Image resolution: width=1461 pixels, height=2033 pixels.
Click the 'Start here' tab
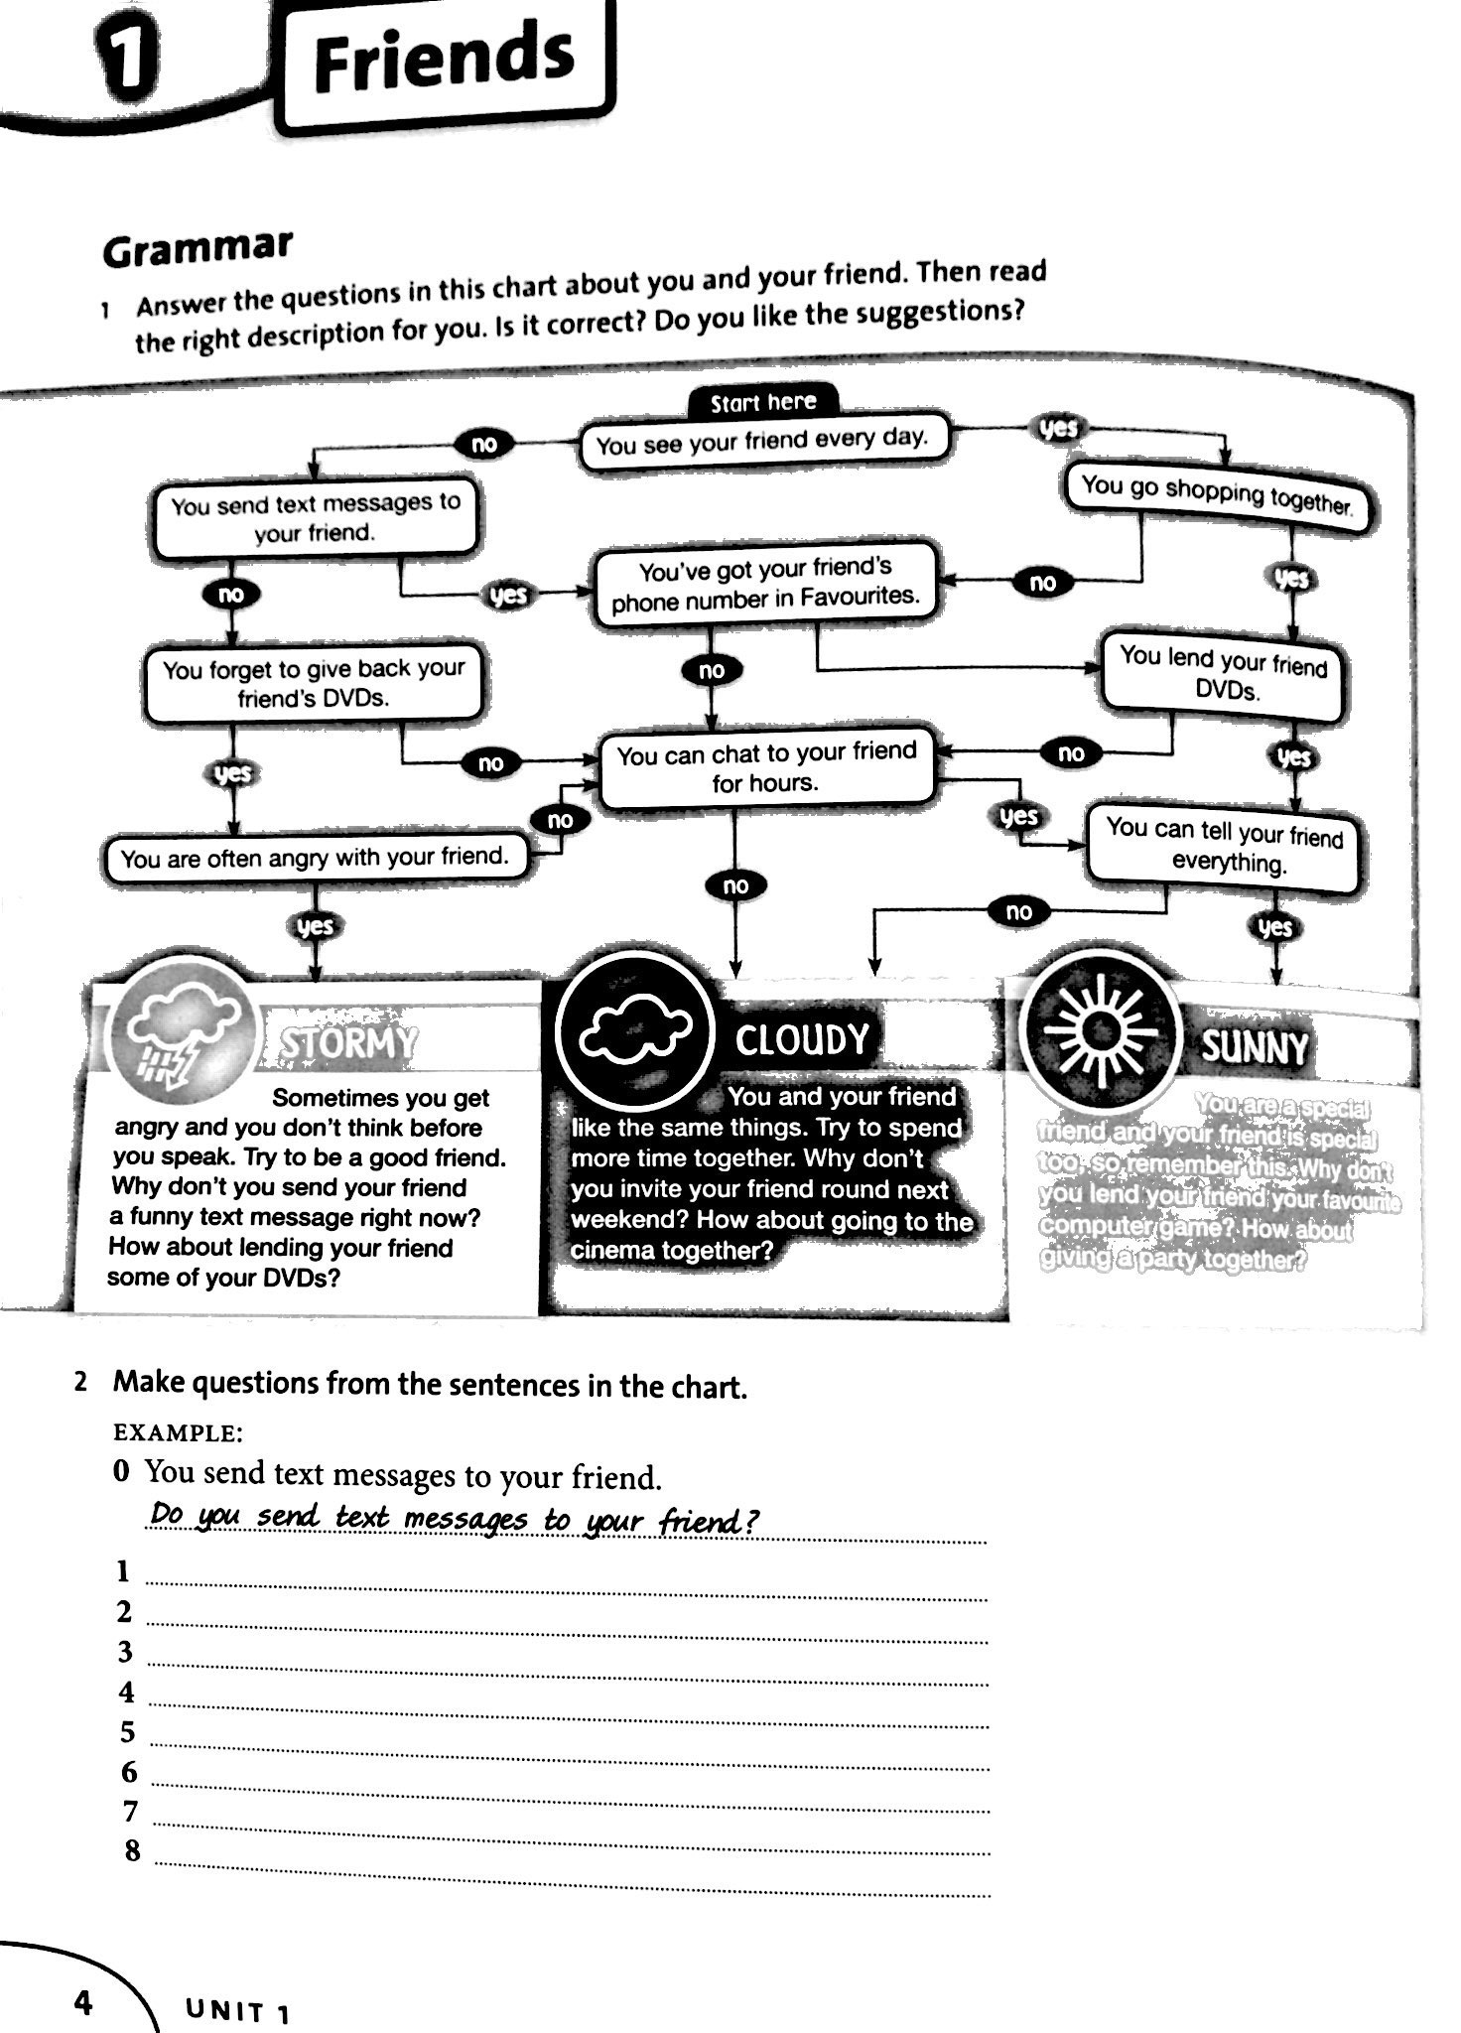763,402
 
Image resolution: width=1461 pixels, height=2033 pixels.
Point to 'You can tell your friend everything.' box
1224,845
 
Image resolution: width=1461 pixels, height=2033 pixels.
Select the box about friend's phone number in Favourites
764,584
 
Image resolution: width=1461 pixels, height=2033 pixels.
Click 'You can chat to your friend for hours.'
765,767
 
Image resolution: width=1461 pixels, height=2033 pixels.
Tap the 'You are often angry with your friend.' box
315,858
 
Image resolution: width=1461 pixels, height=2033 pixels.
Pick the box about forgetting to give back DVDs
314,683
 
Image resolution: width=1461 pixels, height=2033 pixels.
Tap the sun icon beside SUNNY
1098,1032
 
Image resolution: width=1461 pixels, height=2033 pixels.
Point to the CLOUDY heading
802,1039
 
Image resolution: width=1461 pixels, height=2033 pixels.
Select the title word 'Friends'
443,59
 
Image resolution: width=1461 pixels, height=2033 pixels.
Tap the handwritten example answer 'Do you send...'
453,1519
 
